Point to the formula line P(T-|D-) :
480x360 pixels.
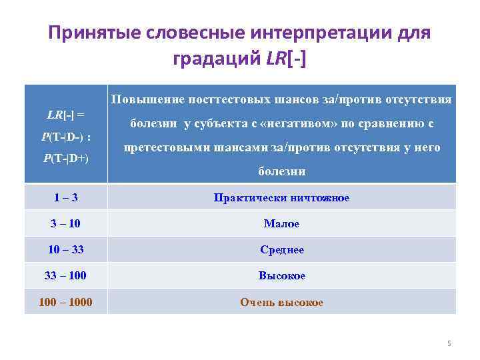click(x=65, y=137)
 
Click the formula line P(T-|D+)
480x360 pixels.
click(x=65, y=160)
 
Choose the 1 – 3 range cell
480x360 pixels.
click(x=65, y=198)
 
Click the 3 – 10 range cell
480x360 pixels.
click(x=65, y=224)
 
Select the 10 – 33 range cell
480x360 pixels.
click(x=65, y=250)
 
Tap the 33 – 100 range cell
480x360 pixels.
click(x=65, y=276)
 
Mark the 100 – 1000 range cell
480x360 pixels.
click(x=65, y=302)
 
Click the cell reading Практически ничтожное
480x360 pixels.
click(x=281, y=198)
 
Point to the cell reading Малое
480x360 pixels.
click(x=281, y=224)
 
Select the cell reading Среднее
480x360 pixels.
click(x=281, y=250)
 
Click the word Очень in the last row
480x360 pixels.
click(x=255, y=302)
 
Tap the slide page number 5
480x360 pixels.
click(x=449, y=343)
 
